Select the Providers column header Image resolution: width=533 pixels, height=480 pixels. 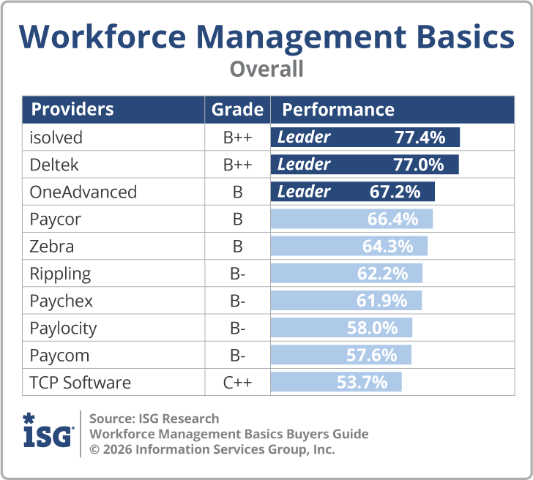tap(72, 110)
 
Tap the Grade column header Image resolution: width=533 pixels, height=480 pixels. tap(237, 110)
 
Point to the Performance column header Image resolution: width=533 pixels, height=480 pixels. tap(338, 110)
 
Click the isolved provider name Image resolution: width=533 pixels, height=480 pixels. tap(56, 137)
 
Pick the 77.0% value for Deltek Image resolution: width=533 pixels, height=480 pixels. tap(420, 164)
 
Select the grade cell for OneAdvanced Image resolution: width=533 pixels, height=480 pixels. tap(237, 192)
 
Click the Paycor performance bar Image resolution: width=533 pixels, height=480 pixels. tap(351, 219)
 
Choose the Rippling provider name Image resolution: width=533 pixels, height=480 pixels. tap(60, 274)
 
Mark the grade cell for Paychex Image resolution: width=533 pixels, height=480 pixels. tap(237, 301)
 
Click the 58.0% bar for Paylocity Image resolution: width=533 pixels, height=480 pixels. tap(341, 328)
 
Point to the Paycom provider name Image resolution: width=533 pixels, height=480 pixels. tap(59, 356)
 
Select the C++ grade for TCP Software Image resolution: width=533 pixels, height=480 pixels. tap(237, 383)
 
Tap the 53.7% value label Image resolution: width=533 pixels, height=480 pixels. tap(362, 383)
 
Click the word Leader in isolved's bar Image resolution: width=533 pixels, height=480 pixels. tap(304, 137)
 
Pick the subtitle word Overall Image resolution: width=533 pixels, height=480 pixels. tap(266, 70)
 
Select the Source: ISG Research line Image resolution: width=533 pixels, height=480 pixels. tap(154, 419)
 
